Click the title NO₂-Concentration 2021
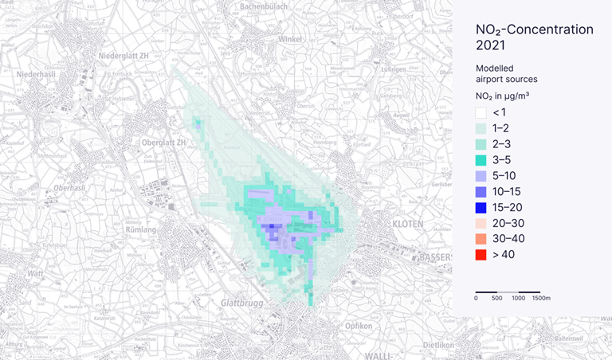pyautogui.click(x=534, y=37)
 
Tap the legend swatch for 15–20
pyautogui.click(x=481, y=207)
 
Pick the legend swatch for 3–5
pyautogui.click(x=481, y=160)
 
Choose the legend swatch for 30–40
pyautogui.click(x=481, y=238)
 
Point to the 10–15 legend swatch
pyautogui.click(x=481, y=191)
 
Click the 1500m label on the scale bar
pyautogui.click(x=541, y=298)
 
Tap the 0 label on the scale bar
pyautogui.click(x=476, y=298)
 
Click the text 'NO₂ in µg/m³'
pyautogui.click(x=503, y=96)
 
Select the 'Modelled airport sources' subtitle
pyautogui.click(x=506, y=73)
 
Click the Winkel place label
pyautogui.click(x=292, y=38)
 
